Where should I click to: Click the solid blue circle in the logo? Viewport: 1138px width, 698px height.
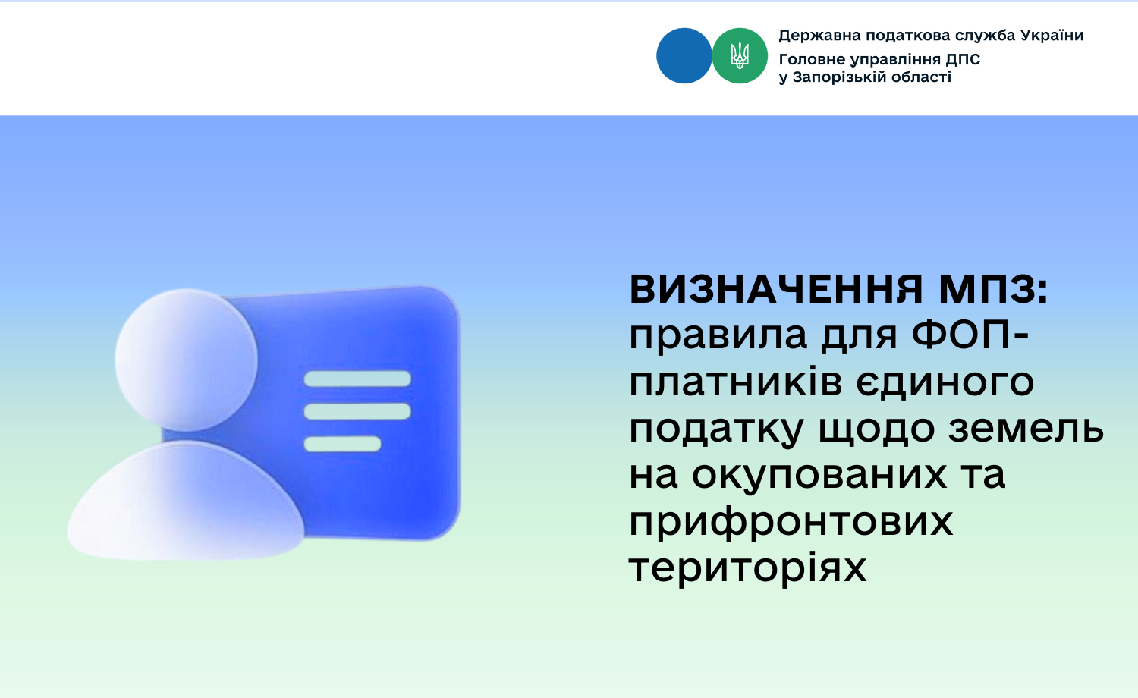pyautogui.click(x=684, y=55)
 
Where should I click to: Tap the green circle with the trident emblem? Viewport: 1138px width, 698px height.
pyautogui.click(x=740, y=55)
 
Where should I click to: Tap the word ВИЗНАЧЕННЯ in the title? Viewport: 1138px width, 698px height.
pyautogui.click(x=776, y=289)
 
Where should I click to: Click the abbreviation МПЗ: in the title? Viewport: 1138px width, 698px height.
pyautogui.click(x=994, y=289)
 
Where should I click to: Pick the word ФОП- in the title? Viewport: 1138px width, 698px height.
pyautogui.click(x=970, y=335)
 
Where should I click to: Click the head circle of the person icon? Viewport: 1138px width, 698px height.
pyautogui.click(x=186, y=360)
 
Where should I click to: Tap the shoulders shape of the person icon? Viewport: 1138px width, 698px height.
pyautogui.click(x=186, y=505)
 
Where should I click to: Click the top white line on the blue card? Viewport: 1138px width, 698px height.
pyautogui.click(x=357, y=379)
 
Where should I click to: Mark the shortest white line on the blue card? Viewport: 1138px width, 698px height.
pyautogui.click(x=342, y=444)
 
